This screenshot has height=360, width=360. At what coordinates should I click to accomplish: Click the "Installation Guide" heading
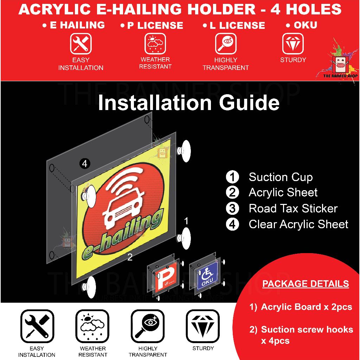[x=188, y=103]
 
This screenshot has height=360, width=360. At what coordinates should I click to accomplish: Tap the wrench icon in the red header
[x=81, y=44]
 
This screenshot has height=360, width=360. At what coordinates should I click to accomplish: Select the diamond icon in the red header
[x=293, y=44]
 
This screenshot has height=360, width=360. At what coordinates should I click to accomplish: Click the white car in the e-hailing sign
[x=121, y=211]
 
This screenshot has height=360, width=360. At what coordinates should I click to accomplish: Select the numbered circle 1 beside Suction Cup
[x=232, y=177]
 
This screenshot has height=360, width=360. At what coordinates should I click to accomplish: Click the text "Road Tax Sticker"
[x=293, y=208]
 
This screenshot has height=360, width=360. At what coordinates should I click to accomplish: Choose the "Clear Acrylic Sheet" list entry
[x=298, y=224]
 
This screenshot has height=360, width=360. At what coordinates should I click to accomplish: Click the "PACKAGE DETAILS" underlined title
[x=306, y=284]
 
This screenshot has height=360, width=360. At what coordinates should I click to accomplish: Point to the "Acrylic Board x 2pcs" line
[x=306, y=307]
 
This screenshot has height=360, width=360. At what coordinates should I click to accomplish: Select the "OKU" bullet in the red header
[x=301, y=25]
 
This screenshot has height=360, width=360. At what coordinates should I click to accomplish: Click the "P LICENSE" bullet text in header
[x=152, y=25]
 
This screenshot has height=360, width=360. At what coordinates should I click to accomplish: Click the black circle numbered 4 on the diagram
[x=84, y=163]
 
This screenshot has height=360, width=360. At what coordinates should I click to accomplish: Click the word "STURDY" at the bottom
[x=203, y=348]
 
